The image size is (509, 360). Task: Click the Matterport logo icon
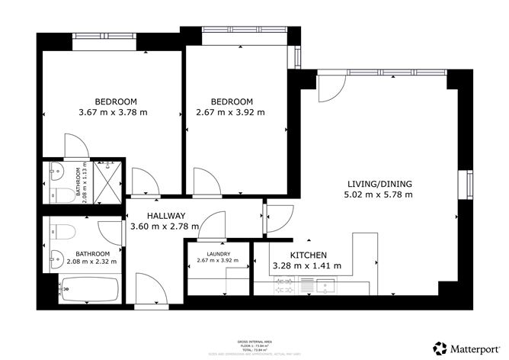pyautogui.click(x=440, y=347)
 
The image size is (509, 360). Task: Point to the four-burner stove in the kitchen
pyautogui.click(x=286, y=287)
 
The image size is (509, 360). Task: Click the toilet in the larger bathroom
pyautogui.click(x=62, y=229)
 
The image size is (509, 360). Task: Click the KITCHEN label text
pyautogui.click(x=309, y=255)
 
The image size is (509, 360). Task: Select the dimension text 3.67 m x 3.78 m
pyautogui.click(x=113, y=113)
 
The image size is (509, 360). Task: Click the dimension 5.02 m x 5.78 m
pyautogui.click(x=379, y=194)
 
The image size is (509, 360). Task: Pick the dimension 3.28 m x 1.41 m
pyautogui.click(x=306, y=266)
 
